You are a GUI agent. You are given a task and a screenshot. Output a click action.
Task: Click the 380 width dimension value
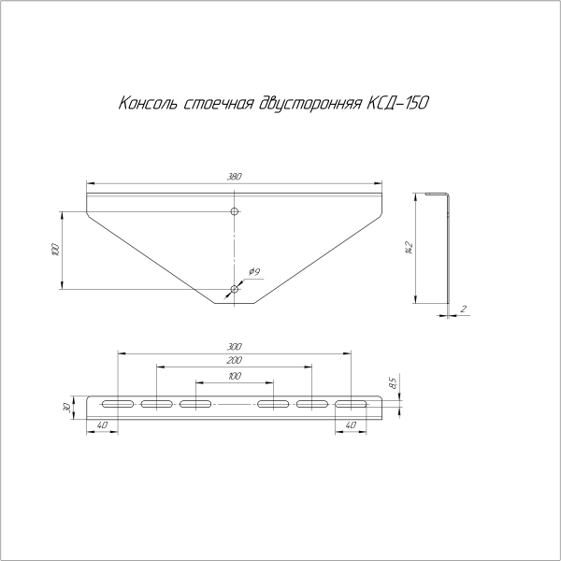click(234, 175)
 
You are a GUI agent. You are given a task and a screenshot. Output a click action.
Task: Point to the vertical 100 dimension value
click(55, 250)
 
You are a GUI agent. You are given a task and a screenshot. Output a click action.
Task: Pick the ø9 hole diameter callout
click(254, 272)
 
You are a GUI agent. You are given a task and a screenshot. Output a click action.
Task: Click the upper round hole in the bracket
click(235, 212)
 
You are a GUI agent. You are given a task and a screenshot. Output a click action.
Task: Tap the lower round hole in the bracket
click(235, 289)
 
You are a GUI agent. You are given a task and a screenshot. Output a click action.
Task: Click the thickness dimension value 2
click(463, 308)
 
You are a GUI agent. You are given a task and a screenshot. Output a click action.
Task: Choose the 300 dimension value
click(234, 347)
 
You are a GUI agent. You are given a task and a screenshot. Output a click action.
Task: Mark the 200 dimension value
click(234, 361)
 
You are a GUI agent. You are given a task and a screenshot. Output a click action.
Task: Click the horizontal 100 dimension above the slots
click(234, 376)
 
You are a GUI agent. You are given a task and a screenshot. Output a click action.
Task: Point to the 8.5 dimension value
click(394, 382)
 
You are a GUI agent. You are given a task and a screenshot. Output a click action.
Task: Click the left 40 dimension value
click(101, 426)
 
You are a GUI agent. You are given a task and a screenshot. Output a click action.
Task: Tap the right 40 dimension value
click(350, 426)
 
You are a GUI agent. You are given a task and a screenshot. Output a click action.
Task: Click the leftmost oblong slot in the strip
click(118, 404)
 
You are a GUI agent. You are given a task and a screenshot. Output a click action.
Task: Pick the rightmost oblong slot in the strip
click(352, 404)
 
